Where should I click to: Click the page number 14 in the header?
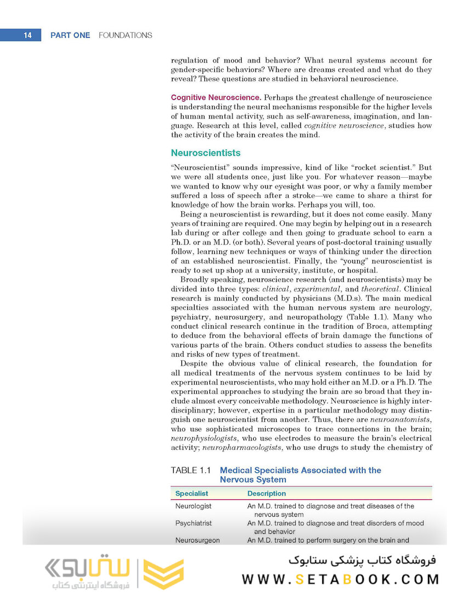(27, 35)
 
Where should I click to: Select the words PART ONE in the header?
(70, 35)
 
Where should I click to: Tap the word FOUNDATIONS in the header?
(125, 35)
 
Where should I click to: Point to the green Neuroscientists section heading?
(205, 153)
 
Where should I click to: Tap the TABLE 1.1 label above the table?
(191, 470)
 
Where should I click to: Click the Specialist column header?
(191, 493)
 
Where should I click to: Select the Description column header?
(266, 493)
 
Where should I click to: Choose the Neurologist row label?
(193, 506)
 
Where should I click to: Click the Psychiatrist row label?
(193, 523)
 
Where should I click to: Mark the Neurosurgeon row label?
(197, 540)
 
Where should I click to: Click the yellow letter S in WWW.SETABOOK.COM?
(299, 579)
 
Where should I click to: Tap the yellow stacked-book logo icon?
(163, 574)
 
